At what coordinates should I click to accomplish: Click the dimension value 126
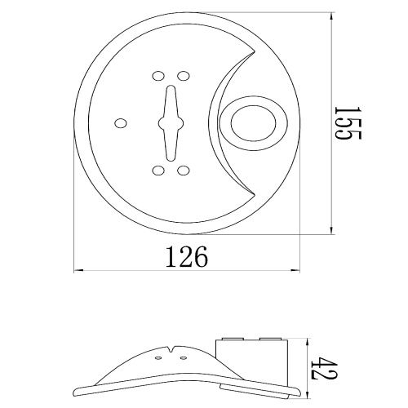tap(187, 256)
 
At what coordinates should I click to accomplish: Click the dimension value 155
tap(348, 122)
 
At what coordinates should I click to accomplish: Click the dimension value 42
tap(324, 368)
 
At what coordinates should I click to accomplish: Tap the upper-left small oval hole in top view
tap(158, 76)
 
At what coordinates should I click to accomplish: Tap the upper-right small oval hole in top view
tap(184, 76)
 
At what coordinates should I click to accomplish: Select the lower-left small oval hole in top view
tap(158, 171)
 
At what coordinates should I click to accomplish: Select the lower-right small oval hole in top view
tap(184, 171)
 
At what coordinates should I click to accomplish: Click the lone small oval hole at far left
tap(121, 123)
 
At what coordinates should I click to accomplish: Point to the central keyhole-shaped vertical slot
tap(171, 123)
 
